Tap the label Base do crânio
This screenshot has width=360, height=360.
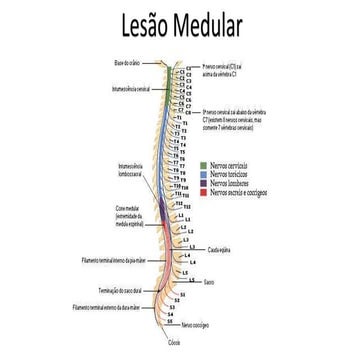[130, 63]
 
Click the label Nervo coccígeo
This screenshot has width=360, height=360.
[195, 324]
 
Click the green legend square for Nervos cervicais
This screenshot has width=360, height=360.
[203, 162]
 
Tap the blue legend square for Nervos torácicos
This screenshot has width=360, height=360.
[203, 171]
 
